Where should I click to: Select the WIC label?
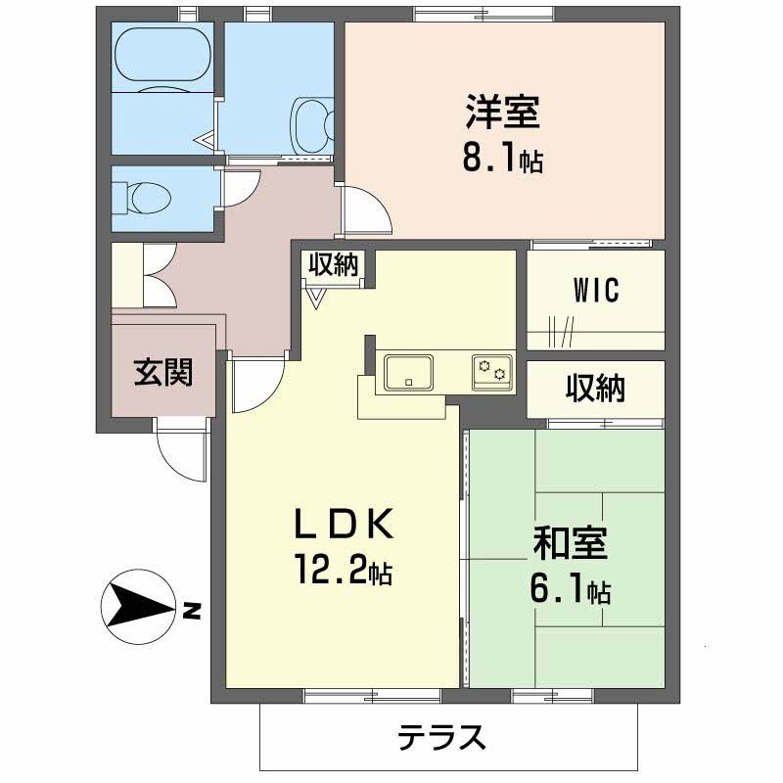[x=596, y=291]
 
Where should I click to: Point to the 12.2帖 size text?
[x=344, y=570]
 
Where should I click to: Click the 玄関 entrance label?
[x=162, y=372]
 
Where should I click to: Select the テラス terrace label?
[x=441, y=735]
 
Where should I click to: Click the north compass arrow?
[x=138, y=607]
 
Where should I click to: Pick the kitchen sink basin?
[x=409, y=372]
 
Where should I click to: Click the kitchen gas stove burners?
[x=491, y=371]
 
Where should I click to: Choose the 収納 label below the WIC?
[x=595, y=390]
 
